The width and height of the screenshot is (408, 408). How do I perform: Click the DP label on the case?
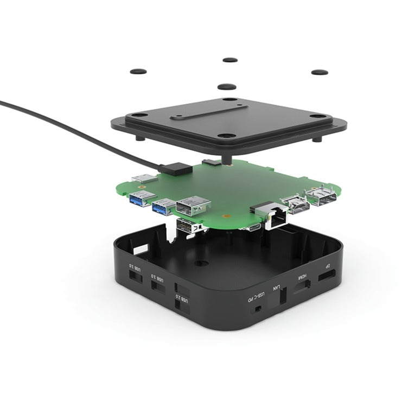click(x=327, y=266)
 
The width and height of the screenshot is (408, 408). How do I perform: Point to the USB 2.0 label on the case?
click(x=184, y=301)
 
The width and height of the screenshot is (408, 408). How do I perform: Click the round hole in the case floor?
click(x=202, y=263)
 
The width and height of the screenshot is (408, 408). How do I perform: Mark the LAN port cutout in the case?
click(x=283, y=297)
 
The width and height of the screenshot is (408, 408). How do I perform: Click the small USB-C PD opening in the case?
click(x=257, y=309)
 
